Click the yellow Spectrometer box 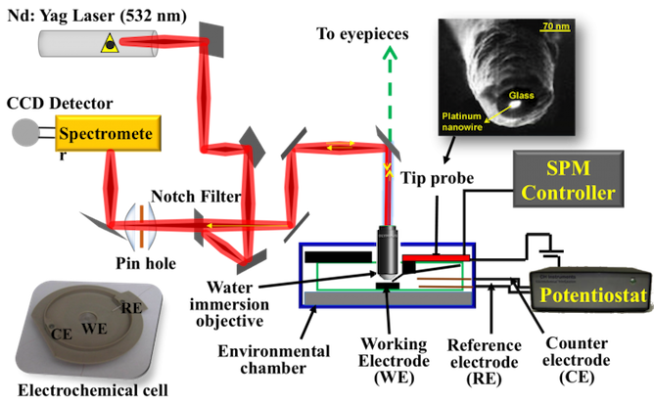pyautogui.click(x=107, y=133)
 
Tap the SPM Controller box pyautogui.click(x=568, y=176)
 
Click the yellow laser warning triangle pyautogui.click(x=109, y=41)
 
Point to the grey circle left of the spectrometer pyautogui.click(x=23, y=131)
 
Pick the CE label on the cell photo pyautogui.click(x=62, y=335)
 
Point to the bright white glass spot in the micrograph pyautogui.click(x=512, y=96)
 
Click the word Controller pyautogui.click(x=568, y=192)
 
